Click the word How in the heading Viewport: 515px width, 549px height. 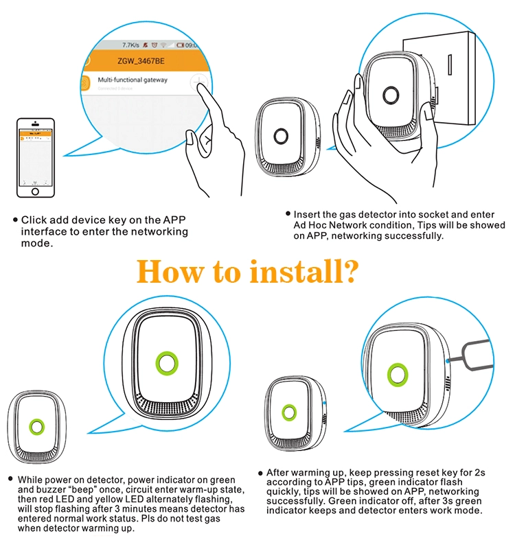coord(168,270)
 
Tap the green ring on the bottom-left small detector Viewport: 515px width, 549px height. coord(36,428)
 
